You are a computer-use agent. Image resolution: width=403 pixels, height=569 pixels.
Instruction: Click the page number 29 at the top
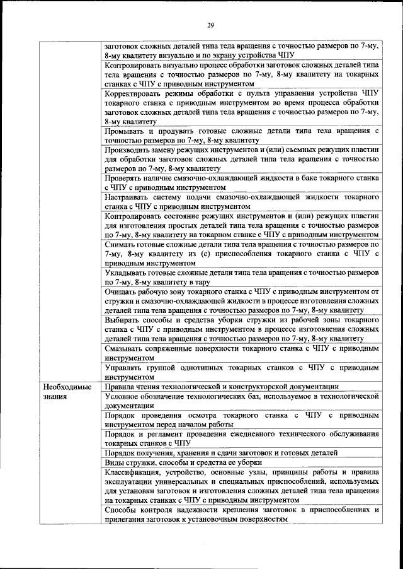tap(211, 25)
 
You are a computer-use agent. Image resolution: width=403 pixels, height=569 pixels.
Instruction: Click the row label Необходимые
tap(63, 387)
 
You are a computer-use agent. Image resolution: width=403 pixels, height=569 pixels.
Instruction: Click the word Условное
tap(125, 396)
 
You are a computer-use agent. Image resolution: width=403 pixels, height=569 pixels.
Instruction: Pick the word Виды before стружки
tap(115, 462)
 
